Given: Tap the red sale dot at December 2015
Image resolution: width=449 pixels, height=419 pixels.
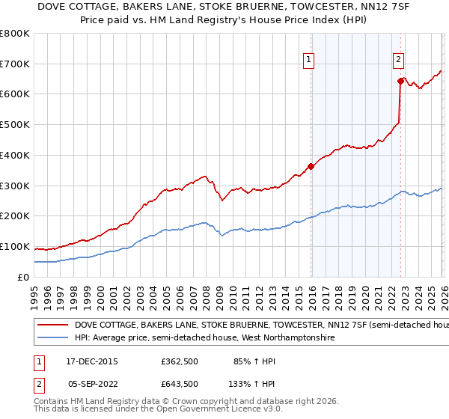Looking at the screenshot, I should pos(311,166).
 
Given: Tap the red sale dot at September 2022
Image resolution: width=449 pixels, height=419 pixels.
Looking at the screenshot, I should pos(400,80).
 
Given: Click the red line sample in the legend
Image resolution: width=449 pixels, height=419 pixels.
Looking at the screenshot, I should pos(52,325).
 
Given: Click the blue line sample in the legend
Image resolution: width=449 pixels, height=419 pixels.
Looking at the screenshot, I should pos(52,338).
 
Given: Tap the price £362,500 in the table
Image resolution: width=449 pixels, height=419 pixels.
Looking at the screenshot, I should pos(180,361).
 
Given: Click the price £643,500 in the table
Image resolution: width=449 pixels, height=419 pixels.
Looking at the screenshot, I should pos(180,384).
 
